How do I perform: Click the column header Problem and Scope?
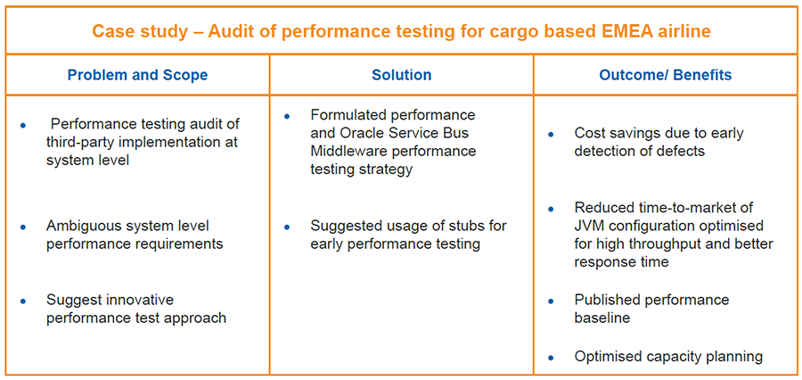click(137, 75)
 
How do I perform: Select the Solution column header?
click(402, 75)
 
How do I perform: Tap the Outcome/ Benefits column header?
click(666, 75)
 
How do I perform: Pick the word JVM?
click(590, 226)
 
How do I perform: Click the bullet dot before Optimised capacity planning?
click(551, 358)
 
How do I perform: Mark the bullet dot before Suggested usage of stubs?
click(287, 227)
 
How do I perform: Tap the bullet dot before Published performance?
click(551, 302)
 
